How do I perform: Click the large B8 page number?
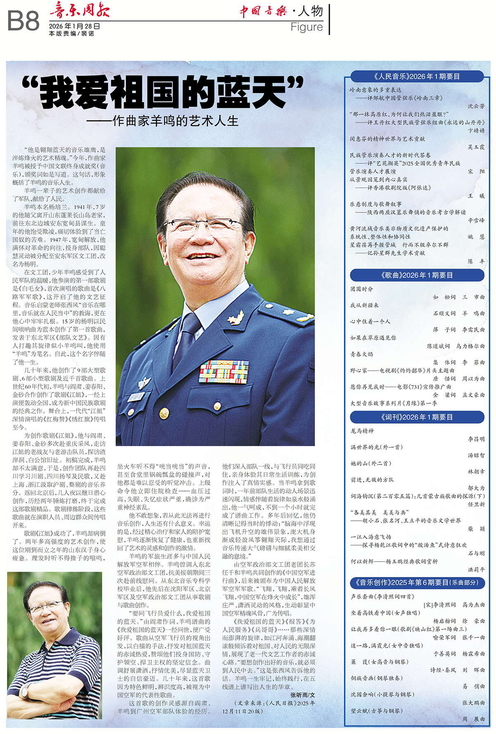[x=23, y=21]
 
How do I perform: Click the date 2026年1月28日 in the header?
[x=74, y=26]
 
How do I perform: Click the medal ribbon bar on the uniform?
[x=224, y=371]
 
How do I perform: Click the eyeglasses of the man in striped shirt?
[x=44, y=607]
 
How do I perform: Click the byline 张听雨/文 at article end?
[x=302, y=695]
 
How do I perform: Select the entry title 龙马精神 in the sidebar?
[x=362, y=431]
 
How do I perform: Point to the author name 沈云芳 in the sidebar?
[x=476, y=106]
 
